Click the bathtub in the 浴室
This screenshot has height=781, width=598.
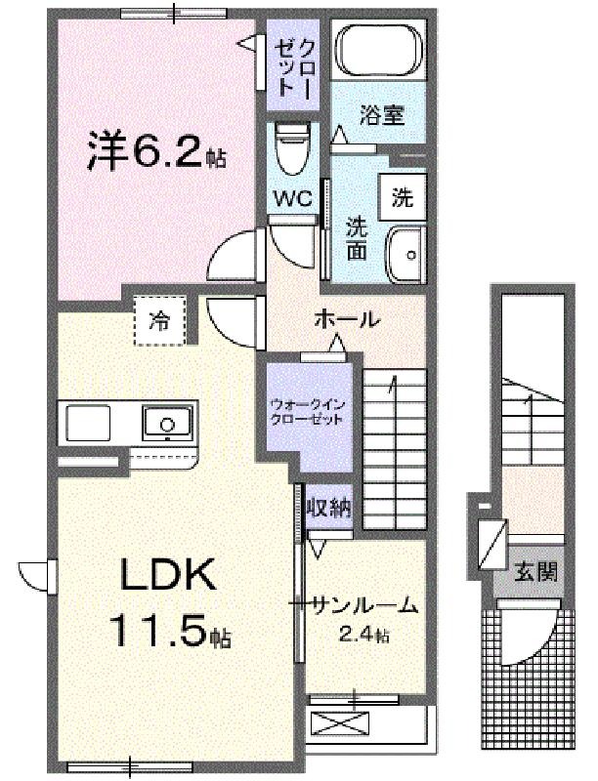click(x=379, y=50)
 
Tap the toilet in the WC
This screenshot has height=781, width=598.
click(x=293, y=149)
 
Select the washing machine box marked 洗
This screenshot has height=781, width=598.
click(x=403, y=197)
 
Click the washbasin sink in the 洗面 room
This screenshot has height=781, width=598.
click(x=406, y=254)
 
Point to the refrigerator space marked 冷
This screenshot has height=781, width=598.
click(x=160, y=321)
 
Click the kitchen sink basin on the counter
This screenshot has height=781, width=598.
click(x=167, y=423)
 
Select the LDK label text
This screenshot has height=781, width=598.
click(x=167, y=575)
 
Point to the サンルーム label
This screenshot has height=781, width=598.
click(x=363, y=605)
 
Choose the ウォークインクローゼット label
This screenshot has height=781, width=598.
click(x=307, y=412)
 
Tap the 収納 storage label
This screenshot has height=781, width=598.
click(x=329, y=508)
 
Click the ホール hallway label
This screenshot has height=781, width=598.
click(x=347, y=319)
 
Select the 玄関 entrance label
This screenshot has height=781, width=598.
click(x=535, y=572)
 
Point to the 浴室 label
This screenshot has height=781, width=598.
click(x=382, y=115)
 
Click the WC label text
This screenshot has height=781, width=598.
click(x=294, y=198)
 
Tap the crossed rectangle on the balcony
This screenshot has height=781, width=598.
click(x=339, y=723)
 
